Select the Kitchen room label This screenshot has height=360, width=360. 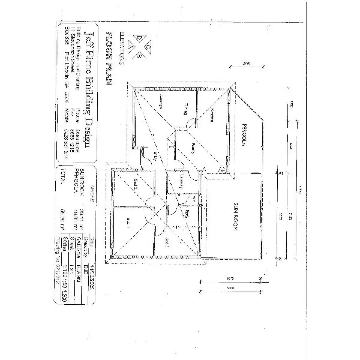pos(212,115)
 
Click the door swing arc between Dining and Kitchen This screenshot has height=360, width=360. pos(190,123)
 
